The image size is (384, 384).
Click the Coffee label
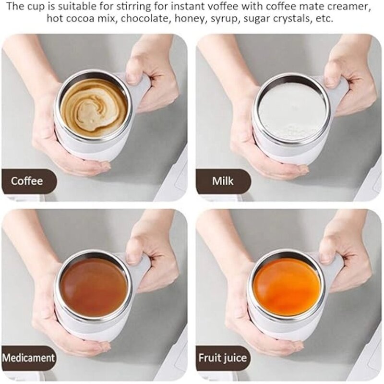click(x=27, y=181)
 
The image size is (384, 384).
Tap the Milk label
click(x=223, y=181)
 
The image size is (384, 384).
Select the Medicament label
click(x=28, y=358)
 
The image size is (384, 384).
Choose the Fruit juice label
click(x=223, y=358)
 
